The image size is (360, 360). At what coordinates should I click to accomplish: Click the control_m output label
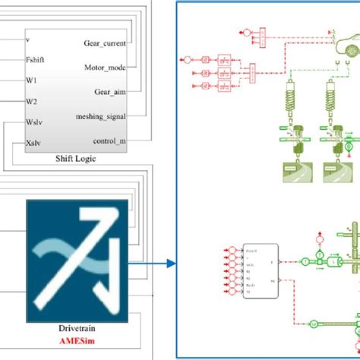click(x=110, y=141)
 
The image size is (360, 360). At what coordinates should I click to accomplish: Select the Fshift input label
click(x=36, y=58)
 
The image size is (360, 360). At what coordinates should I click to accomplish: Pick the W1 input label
click(x=31, y=79)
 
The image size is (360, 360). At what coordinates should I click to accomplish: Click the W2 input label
click(x=31, y=100)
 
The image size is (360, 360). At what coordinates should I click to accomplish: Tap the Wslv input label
click(x=33, y=122)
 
